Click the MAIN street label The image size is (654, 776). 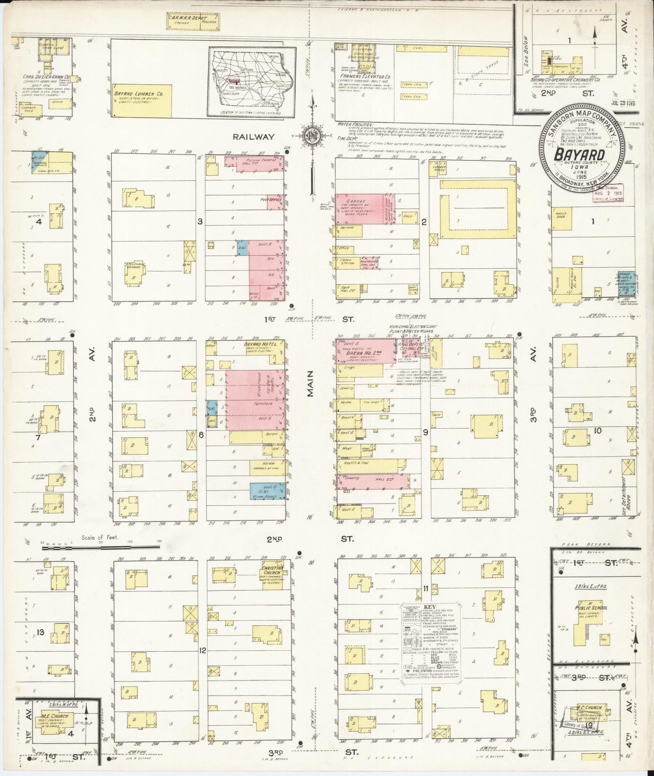point(310,388)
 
